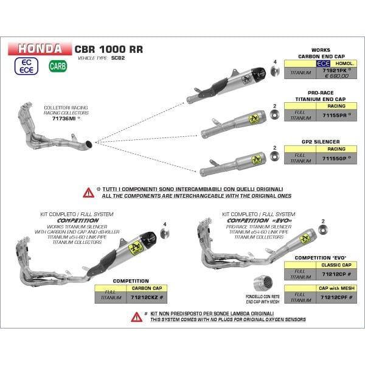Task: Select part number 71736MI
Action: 64,119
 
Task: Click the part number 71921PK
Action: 332,71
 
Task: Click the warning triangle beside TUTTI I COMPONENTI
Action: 88,192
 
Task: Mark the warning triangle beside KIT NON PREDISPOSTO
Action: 135,316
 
